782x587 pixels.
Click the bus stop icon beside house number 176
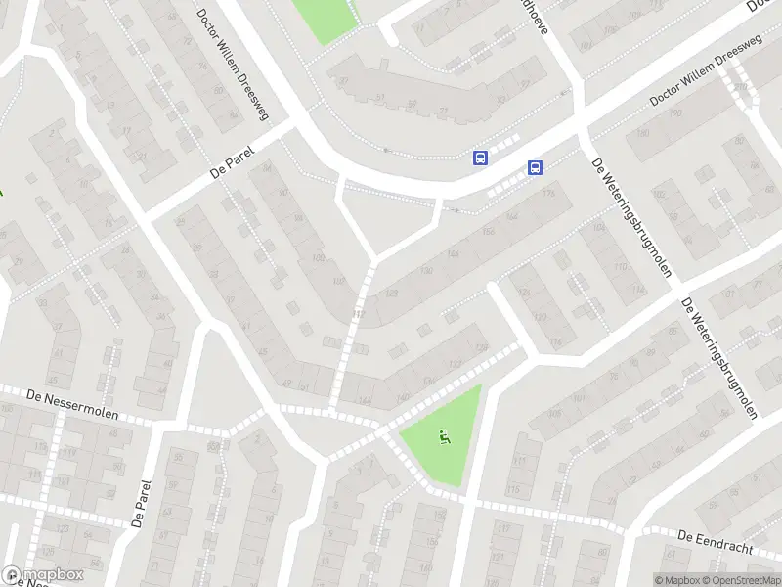coord(535,167)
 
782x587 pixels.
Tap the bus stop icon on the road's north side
coord(480,157)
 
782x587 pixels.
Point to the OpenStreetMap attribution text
coord(739,580)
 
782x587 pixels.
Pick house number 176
coord(547,194)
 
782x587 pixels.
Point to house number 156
coord(486,232)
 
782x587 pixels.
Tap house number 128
coord(392,293)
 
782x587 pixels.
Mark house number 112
coord(358,313)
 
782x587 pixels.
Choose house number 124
coord(524,293)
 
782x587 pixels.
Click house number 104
coord(598,229)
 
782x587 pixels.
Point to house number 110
coord(618,266)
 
